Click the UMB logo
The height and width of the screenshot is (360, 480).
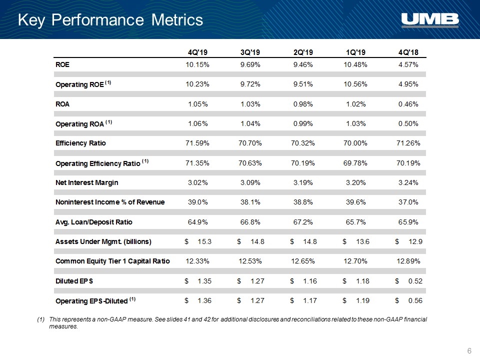pyautogui.click(x=430, y=20)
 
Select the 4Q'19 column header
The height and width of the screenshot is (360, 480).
pyautogui.click(x=197, y=52)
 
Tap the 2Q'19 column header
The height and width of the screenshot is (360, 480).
pyautogui.click(x=303, y=52)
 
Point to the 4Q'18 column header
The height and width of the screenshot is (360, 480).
pyautogui.click(x=408, y=52)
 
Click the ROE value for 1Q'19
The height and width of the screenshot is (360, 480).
pyautogui.click(x=355, y=64)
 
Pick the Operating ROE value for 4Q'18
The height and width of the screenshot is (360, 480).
pyautogui.click(x=408, y=84)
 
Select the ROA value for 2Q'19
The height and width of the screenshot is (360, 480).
pyautogui.click(x=303, y=104)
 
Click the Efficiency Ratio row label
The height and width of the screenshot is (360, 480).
pyautogui.click(x=80, y=143)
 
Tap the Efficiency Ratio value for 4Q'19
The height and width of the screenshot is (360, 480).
pyautogui.click(x=197, y=143)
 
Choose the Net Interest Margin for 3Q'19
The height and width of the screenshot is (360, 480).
pyautogui.click(x=250, y=182)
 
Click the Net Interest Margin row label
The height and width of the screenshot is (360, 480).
pyautogui.click(x=86, y=182)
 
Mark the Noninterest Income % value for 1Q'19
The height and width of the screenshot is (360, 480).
pyautogui.click(x=355, y=202)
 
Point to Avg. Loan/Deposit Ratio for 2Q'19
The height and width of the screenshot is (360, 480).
pyautogui.click(x=303, y=222)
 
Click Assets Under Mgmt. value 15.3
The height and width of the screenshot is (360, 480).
pyautogui.click(x=204, y=241)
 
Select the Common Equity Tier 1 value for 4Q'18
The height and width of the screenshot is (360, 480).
pyautogui.click(x=408, y=261)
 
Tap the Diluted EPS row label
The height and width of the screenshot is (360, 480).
pyautogui.click(x=74, y=281)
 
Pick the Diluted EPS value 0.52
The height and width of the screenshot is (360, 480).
pyautogui.click(x=415, y=281)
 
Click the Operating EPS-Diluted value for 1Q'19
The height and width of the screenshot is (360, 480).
pyautogui.click(x=363, y=300)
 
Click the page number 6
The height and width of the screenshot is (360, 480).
pyautogui.click(x=469, y=351)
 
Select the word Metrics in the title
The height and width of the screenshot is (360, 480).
pyautogui.click(x=177, y=20)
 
